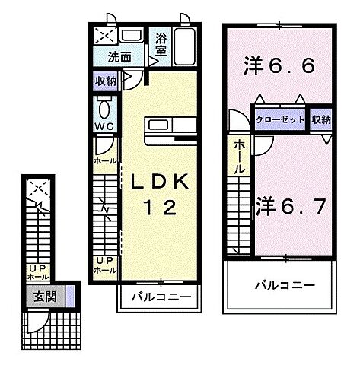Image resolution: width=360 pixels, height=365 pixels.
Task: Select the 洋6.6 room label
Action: tap(279, 67)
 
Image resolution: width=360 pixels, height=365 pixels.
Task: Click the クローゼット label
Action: tap(280, 120)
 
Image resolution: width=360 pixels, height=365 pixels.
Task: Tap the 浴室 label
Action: tap(161, 45)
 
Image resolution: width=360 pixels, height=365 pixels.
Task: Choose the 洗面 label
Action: tap(119, 56)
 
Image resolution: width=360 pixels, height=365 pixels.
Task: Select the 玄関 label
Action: tap(44, 297)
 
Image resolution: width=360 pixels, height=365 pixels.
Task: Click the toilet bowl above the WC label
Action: tap(104, 106)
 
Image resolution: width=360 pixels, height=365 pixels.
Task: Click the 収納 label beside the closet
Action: tap(321, 119)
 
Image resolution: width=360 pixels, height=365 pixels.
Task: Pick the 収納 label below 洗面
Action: tap(106, 80)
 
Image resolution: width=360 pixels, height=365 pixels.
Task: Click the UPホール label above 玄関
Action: tap(37, 272)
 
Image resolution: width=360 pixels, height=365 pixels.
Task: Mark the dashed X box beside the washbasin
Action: tap(106, 35)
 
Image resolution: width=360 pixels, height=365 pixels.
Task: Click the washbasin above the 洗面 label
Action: tap(132, 35)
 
